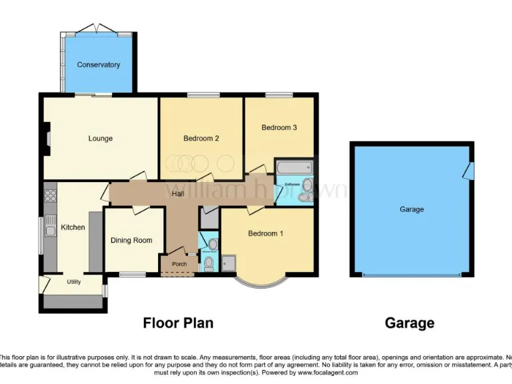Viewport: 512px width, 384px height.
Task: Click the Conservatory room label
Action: point(98,65)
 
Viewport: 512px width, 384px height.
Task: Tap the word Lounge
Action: point(101,139)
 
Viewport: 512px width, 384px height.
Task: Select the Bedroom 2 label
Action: point(201,139)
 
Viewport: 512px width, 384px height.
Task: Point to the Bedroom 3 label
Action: point(279,127)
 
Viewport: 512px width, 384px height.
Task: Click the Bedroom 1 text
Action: point(266,233)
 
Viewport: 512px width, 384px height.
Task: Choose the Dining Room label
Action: point(131,241)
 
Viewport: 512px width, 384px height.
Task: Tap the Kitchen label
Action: point(73,227)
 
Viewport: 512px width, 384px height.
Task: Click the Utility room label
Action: point(73,282)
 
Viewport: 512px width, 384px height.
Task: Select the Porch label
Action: point(179,264)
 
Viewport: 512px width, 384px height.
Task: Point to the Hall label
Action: point(178,194)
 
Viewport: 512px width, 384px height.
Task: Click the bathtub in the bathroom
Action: point(294,167)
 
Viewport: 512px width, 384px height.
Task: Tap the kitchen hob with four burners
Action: point(50,195)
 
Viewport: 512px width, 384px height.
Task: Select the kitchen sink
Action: point(50,231)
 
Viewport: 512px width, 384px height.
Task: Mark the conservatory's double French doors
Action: point(97,29)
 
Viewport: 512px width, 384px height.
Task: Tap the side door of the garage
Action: point(469,171)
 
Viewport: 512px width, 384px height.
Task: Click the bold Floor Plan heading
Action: point(178,323)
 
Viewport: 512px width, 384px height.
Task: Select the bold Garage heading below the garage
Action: point(409,323)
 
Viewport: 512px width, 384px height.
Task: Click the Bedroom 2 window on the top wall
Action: point(200,95)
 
